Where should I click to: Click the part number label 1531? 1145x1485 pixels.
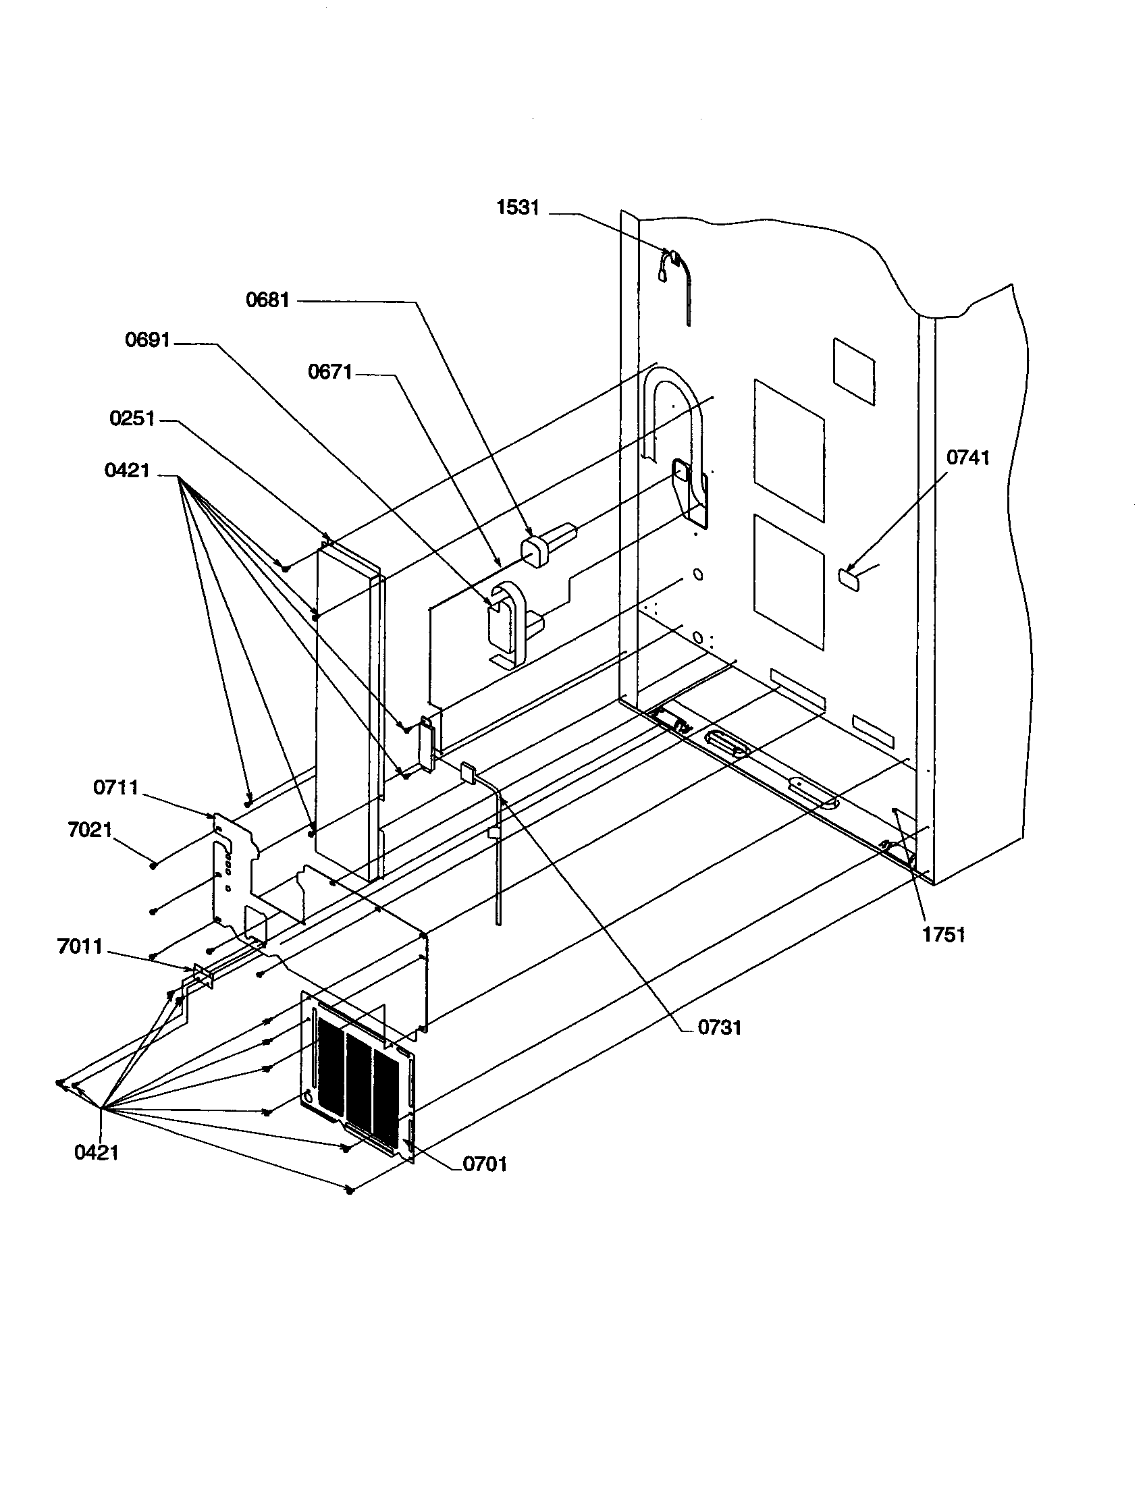517,208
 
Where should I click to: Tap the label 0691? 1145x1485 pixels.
147,340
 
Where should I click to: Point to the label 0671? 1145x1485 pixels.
329,372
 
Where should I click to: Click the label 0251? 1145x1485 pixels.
132,418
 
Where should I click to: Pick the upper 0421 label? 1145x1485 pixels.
126,470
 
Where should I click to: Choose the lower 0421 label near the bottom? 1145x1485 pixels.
96,1152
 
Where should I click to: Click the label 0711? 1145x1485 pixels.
115,788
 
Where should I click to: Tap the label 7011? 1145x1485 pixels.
80,946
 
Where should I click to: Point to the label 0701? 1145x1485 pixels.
485,1164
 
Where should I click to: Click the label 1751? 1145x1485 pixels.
943,935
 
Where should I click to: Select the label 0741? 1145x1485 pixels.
967,458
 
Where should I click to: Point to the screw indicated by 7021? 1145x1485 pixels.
155,865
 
